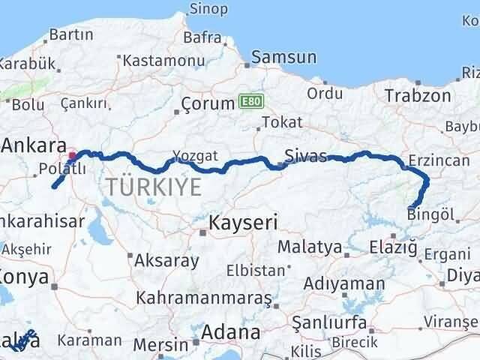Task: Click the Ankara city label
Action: tap(33, 144)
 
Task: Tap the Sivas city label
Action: tap(306, 157)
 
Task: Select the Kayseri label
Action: tap(243, 222)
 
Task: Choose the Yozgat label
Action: tap(195, 155)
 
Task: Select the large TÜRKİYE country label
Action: tap(154, 187)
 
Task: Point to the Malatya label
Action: tap(310, 246)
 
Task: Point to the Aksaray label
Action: tap(166, 261)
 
